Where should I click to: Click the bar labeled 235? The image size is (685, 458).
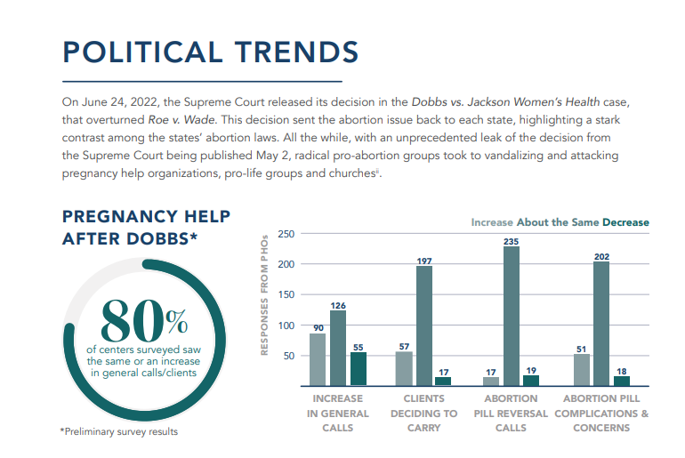click(511, 316)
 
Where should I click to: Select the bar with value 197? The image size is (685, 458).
click(424, 325)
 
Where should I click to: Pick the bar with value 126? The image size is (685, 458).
click(338, 348)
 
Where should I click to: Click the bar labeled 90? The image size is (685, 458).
click(318, 359)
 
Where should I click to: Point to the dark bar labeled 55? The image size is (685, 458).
click(359, 369)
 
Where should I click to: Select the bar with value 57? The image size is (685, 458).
click(404, 368)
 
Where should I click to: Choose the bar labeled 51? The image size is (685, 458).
click(581, 370)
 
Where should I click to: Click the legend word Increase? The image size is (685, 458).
click(492, 222)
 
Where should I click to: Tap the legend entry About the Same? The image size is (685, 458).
click(556, 222)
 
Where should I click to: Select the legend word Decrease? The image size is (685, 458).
click(625, 222)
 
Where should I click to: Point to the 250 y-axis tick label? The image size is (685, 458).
click(286, 234)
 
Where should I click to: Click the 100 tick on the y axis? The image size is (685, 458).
click(286, 325)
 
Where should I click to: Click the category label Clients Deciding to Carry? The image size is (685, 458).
click(424, 414)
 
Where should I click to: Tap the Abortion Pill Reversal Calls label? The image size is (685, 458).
click(511, 414)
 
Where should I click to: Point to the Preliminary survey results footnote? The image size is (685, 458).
click(119, 432)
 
